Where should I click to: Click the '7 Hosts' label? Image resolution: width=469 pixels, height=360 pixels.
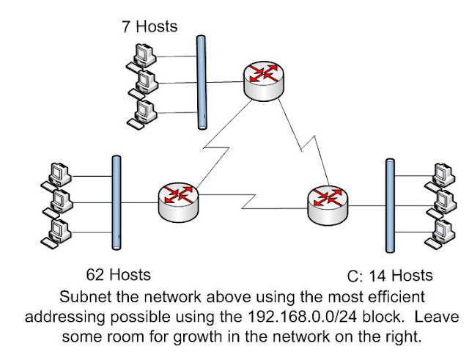coord(149,27)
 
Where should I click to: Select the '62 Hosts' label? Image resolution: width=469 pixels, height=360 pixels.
coord(118,275)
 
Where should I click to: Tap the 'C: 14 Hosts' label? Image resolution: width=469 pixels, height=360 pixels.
coord(388,276)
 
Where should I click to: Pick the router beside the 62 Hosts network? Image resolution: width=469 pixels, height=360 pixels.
coord(178,200)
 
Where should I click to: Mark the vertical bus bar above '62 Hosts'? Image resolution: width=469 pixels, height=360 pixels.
coord(114,201)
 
